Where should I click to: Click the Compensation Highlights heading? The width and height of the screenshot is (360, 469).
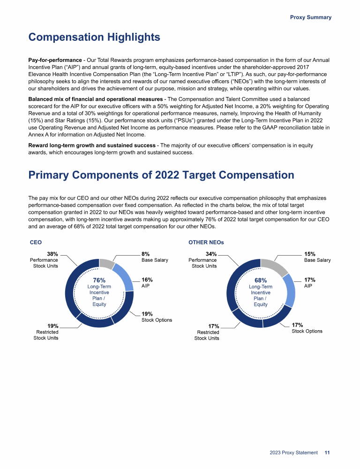pyautogui.click(x=94, y=37)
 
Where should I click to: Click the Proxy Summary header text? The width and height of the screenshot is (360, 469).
pyautogui.click(x=310, y=17)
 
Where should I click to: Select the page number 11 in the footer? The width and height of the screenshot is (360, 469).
pyautogui.click(x=327, y=453)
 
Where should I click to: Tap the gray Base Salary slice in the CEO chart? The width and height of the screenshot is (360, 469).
pyautogui.click(x=106, y=264)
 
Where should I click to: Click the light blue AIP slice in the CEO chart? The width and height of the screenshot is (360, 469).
pyautogui.click(x=124, y=277)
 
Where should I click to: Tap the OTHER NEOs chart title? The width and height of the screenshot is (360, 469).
pyautogui.click(x=206, y=242)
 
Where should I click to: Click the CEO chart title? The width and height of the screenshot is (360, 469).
pyautogui.click(x=36, y=242)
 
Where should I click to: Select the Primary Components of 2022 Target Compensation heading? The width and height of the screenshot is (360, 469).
pyautogui.click(x=161, y=175)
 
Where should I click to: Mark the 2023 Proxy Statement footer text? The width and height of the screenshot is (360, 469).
pyautogui.click(x=293, y=453)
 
